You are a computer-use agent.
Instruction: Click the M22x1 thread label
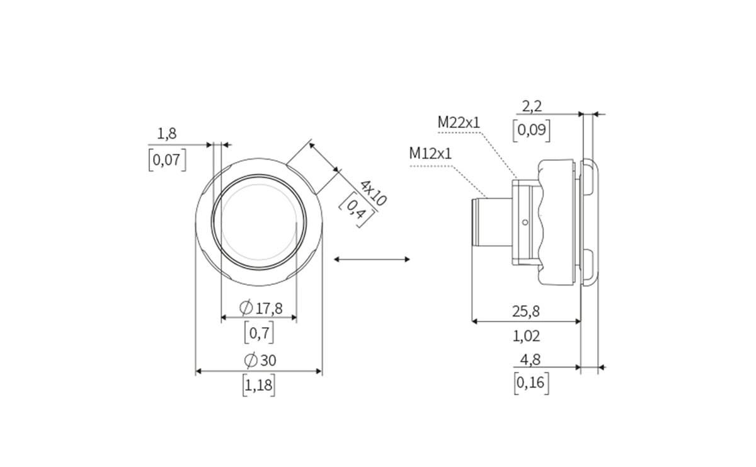(x=459, y=122)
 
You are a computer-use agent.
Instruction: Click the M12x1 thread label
(x=430, y=153)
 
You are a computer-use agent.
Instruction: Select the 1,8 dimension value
(x=167, y=134)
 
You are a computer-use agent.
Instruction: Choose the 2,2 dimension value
(x=532, y=107)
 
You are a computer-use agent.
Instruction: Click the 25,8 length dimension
(x=526, y=311)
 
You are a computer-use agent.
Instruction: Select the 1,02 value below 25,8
(x=526, y=336)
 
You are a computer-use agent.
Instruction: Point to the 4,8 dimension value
(x=530, y=360)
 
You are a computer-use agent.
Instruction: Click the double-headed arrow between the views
(x=372, y=259)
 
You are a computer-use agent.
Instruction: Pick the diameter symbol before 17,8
(x=246, y=308)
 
